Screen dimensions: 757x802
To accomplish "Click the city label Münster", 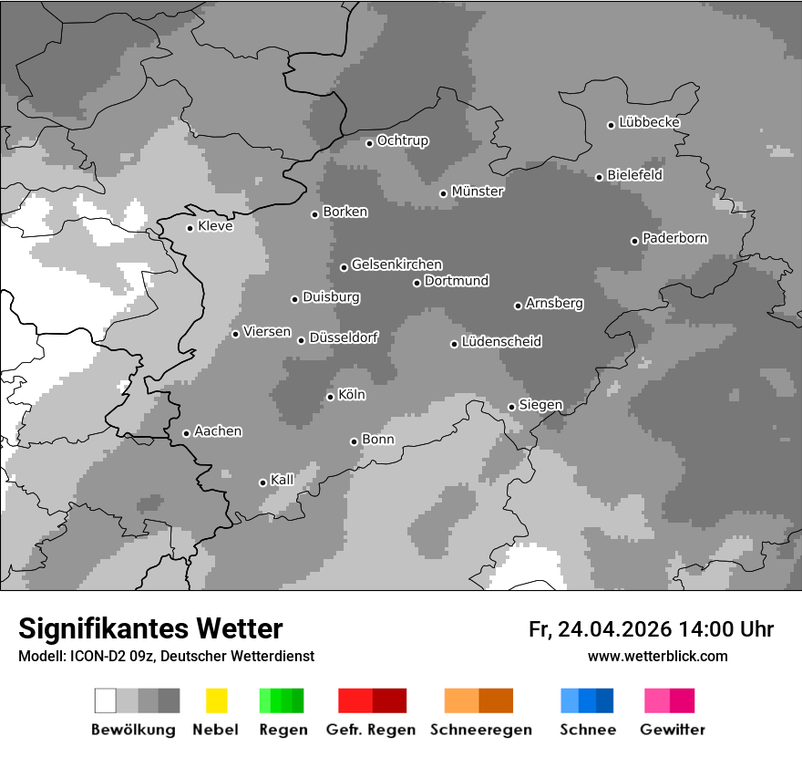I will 478,192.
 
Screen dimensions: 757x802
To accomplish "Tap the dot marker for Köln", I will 330,397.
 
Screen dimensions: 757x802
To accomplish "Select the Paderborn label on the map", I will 674,239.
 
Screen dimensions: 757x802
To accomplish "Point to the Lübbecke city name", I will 649,122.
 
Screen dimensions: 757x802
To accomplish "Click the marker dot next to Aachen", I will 186,433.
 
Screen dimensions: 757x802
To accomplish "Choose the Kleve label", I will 215,226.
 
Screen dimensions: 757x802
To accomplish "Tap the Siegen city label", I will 540,405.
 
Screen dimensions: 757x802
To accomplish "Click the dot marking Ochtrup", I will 369,142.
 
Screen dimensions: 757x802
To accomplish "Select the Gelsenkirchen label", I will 396,264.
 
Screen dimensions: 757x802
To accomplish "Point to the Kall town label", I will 282,480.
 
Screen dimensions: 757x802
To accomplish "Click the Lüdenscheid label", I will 501,342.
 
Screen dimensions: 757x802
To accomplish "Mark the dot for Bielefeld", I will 599,177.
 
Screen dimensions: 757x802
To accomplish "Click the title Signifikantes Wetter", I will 150,628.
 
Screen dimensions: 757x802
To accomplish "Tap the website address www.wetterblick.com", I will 657,656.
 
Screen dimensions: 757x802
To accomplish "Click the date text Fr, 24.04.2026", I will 600,629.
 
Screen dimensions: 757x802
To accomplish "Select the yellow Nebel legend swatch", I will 216,700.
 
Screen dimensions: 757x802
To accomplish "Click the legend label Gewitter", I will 672,730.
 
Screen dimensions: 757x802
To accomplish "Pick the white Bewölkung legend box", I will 106,700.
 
